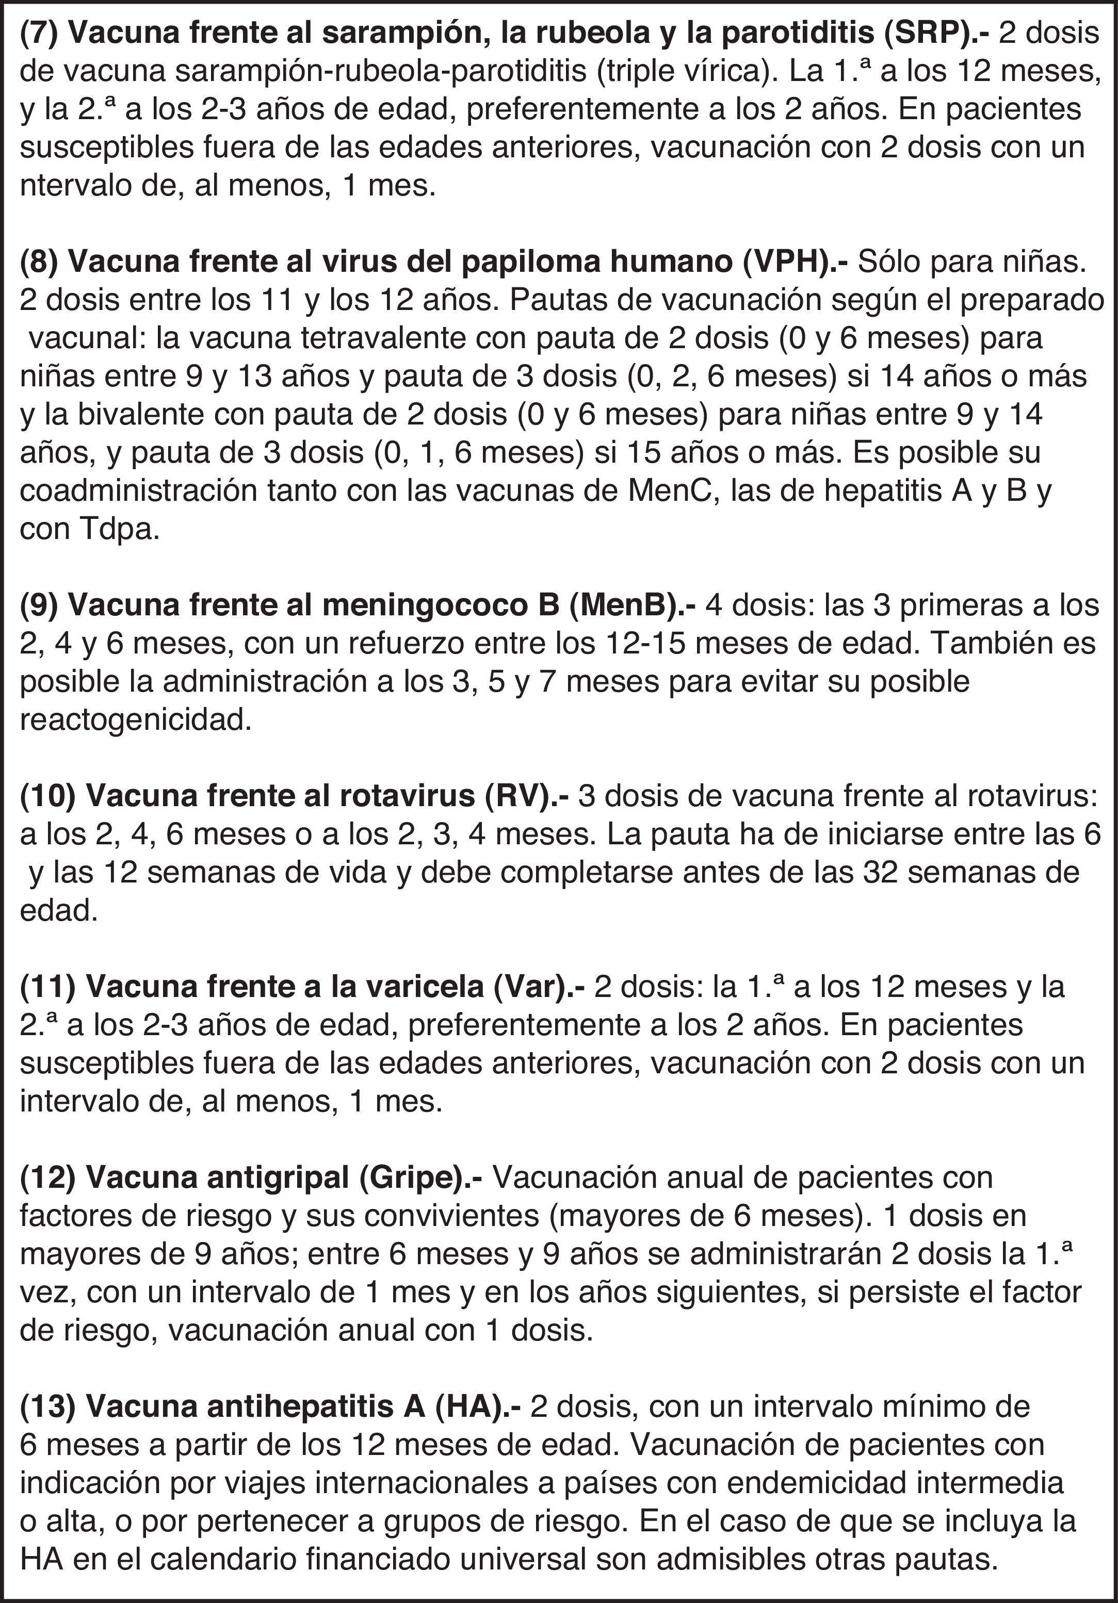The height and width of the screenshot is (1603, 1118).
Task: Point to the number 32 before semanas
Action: tap(859, 873)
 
